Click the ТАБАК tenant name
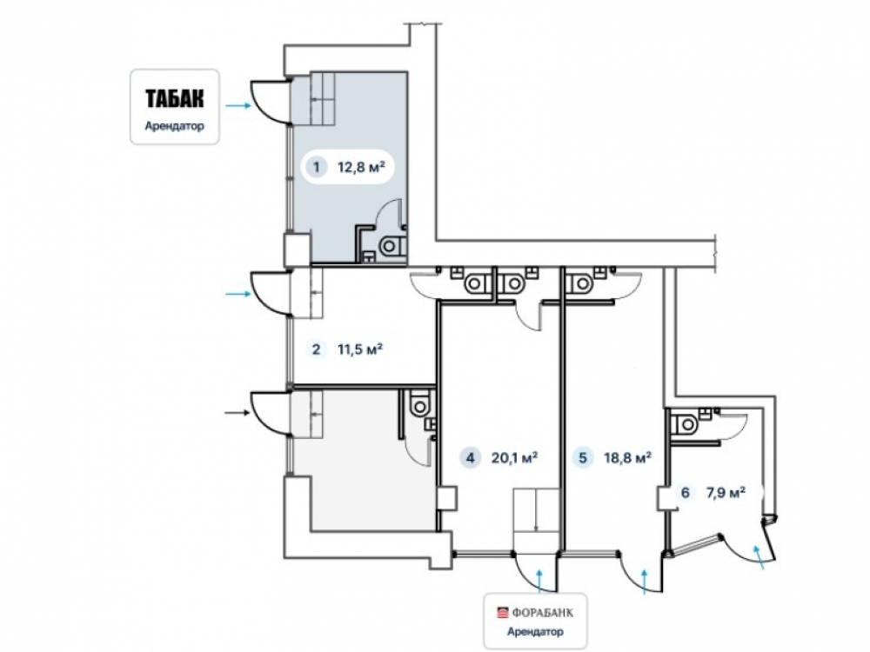175,98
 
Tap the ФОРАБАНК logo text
542,613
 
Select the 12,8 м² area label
361,166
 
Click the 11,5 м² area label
360,349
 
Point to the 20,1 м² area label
514,458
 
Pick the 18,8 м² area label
627,458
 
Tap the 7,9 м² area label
726,492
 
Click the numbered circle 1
317,166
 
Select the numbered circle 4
471,458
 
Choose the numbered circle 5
583,458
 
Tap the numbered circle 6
686,492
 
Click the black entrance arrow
238,412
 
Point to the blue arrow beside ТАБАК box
238,105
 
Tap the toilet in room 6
684,425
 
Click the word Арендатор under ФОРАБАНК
535,631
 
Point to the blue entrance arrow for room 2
238,294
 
